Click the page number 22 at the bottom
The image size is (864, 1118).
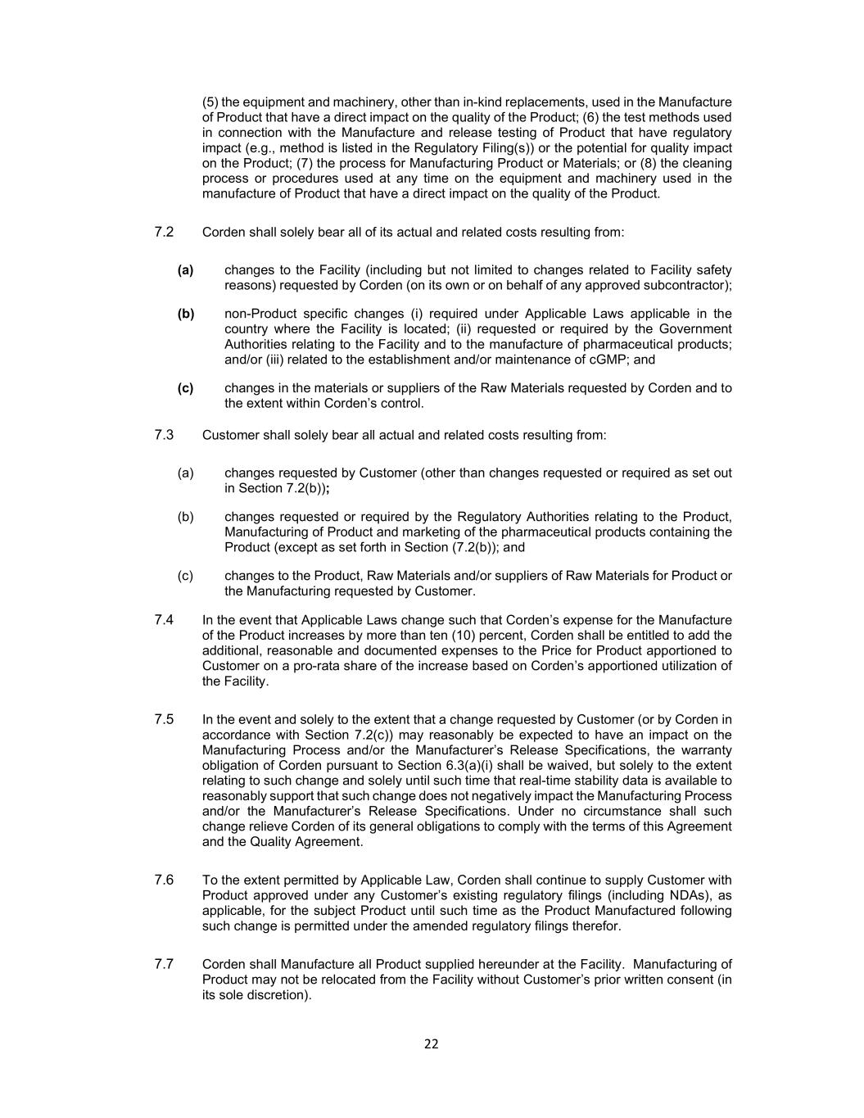tap(432, 1043)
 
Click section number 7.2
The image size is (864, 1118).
tap(164, 232)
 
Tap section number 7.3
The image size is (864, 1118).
tap(164, 435)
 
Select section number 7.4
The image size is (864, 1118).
tap(164, 620)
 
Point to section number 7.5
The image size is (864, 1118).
tap(164, 719)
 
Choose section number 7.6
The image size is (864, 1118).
tap(164, 880)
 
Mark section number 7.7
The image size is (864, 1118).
tap(164, 964)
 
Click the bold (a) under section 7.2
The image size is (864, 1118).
tap(185, 270)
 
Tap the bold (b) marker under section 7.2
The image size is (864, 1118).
tap(186, 314)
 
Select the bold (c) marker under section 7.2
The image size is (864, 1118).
tap(185, 388)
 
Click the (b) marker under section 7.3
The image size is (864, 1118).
tap(185, 517)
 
